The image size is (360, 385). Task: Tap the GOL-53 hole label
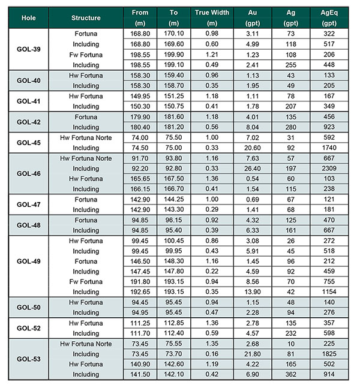[28, 359]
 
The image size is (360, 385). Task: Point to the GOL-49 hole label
[28, 261]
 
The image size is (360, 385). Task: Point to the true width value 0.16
[211, 354]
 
